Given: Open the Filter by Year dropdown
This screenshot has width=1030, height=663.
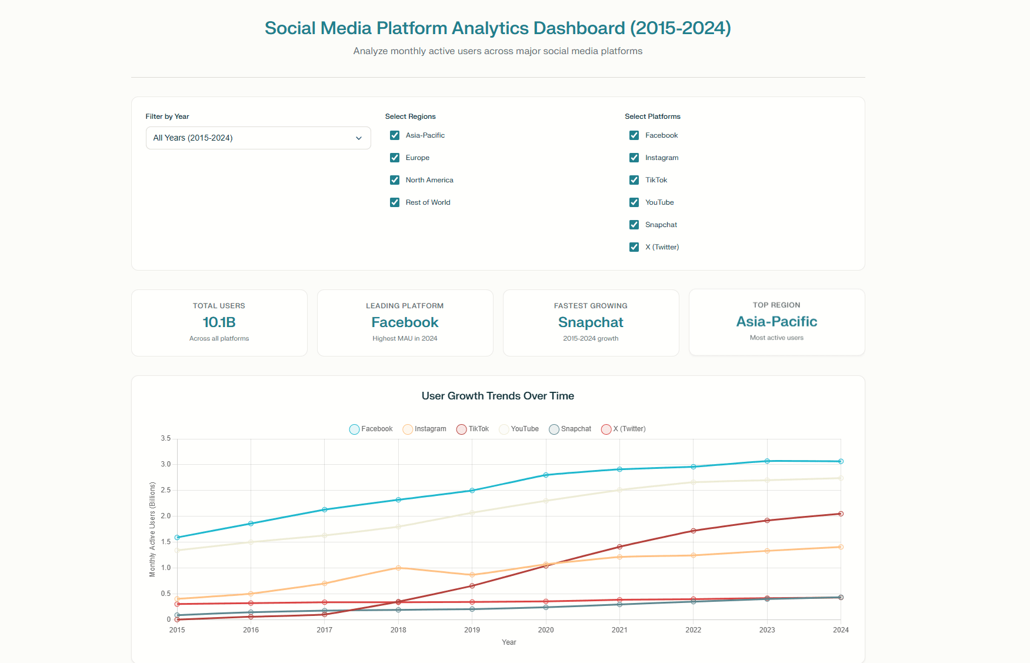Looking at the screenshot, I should [x=258, y=138].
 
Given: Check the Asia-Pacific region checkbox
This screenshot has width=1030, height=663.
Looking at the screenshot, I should [x=395, y=135].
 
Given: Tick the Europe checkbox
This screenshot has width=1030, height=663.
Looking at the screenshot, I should [x=395, y=158].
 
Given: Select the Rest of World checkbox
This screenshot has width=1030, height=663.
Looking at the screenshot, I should [x=395, y=202].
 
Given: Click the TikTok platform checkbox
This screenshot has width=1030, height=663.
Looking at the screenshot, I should [x=634, y=180].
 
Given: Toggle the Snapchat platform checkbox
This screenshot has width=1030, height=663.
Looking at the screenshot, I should [x=634, y=225].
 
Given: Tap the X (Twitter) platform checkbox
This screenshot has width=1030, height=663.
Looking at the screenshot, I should [x=634, y=247].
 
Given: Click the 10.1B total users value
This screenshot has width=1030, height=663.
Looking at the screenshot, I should [x=219, y=322].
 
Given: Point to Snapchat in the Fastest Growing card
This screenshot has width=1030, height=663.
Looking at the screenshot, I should [x=591, y=322].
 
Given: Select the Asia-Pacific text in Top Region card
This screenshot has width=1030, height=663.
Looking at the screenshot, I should [x=776, y=322].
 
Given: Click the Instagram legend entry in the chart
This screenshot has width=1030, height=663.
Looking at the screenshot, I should [x=424, y=429].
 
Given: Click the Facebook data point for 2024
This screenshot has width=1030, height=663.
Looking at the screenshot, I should [x=841, y=461].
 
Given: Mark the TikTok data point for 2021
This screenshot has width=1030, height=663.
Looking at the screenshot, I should [x=619, y=547].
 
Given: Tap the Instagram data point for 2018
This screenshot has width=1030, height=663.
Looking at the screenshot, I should [x=398, y=568].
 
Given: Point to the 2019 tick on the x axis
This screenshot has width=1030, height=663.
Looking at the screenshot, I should [x=472, y=630].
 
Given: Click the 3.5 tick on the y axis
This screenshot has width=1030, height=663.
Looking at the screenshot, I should [x=165, y=439].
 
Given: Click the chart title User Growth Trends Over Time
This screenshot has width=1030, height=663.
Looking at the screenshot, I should [x=498, y=396].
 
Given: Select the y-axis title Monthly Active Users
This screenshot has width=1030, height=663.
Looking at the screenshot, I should [x=152, y=529].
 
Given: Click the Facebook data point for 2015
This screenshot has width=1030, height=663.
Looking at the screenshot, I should [x=177, y=538].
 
